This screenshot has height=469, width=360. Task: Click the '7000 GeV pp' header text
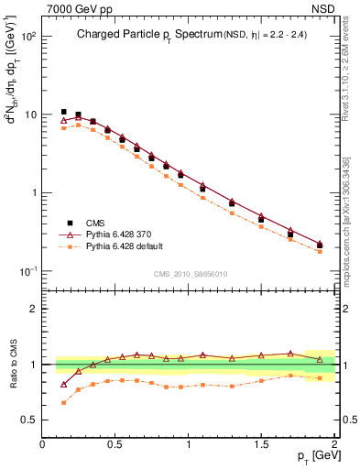click(80, 8)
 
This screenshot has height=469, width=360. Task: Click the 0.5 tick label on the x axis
click(115, 444)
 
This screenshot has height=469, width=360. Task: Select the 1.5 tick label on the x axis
click(261, 444)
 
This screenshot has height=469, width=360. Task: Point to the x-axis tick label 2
click(335, 444)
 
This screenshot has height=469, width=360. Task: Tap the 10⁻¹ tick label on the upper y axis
click(27, 271)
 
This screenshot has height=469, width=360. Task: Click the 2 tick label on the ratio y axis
click(33, 309)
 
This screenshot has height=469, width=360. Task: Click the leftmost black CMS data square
click(63, 112)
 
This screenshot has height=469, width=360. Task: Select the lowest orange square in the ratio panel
click(63, 402)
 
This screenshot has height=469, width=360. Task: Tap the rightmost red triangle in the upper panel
click(320, 244)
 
